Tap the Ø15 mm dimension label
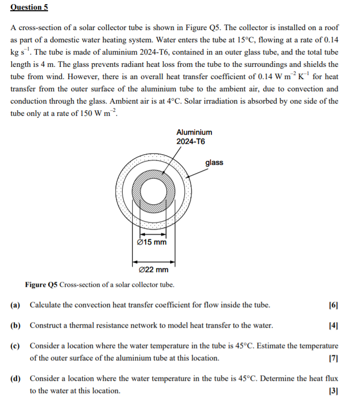[152, 242]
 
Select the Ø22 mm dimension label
[154, 270]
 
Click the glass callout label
[214, 162]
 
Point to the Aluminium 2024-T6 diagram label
[194, 137]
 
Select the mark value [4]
[334, 325]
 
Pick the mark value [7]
[334, 358]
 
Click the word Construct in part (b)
[45, 325]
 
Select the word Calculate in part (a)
[45, 305]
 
